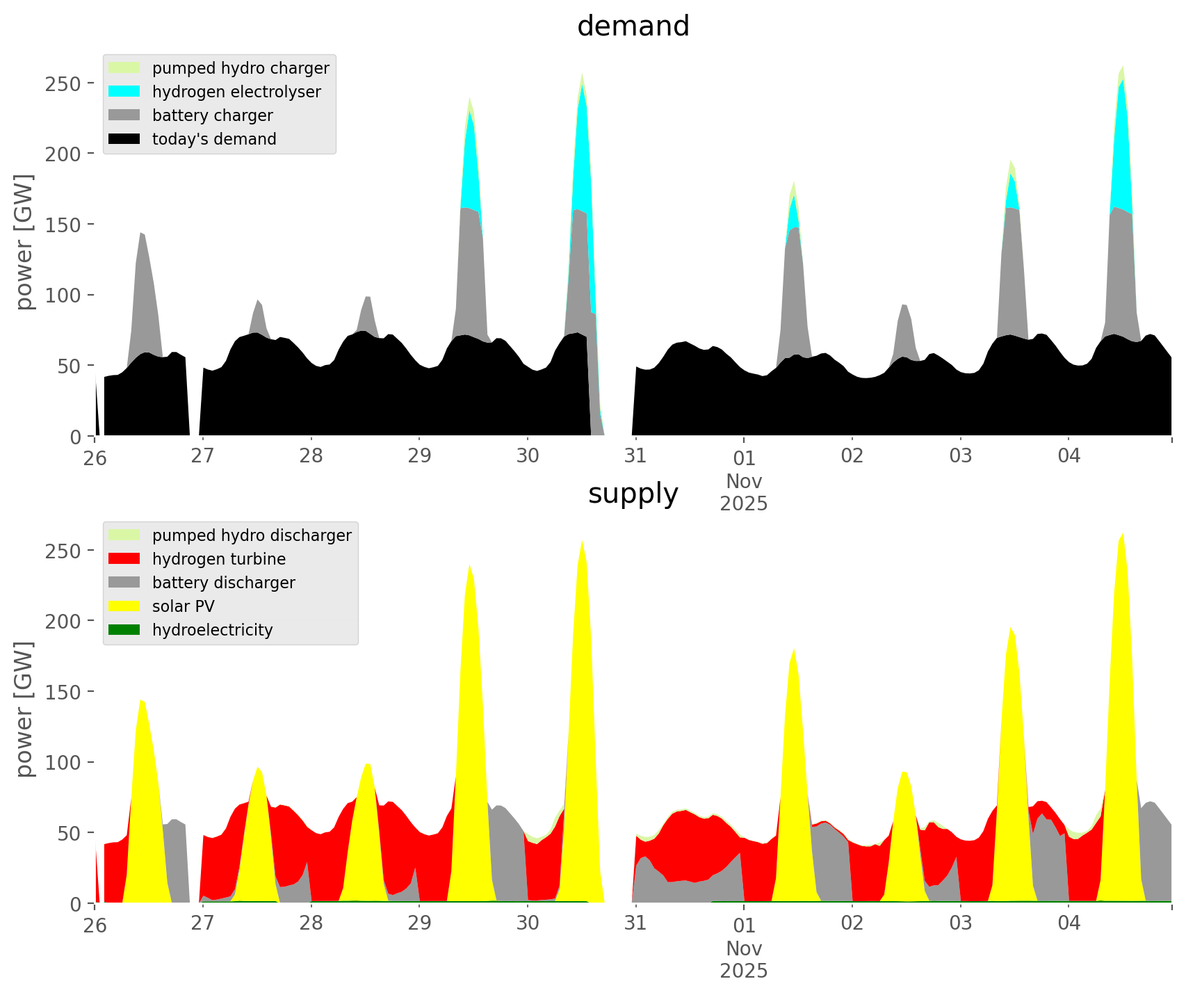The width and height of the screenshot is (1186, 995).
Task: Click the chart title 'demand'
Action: [x=633, y=26]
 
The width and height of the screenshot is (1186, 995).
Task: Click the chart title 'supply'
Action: [x=633, y=494]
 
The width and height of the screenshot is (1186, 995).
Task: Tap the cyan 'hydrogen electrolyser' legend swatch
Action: [x=124, y=92]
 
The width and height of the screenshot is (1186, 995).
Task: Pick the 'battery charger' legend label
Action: [x=212, y=115]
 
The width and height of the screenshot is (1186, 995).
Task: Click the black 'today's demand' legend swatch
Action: [x=124, y=139]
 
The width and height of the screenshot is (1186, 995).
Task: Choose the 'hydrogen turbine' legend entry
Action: [x=218, y=559]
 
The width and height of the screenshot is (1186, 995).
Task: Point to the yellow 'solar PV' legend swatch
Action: [x=124, y=606]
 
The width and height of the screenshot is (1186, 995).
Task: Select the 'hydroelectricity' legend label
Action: [x=212, y=630]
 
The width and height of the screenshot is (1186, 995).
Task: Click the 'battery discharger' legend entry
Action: [x=223, y=583]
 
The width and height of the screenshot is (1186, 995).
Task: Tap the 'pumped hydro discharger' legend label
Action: [x=252, y=535]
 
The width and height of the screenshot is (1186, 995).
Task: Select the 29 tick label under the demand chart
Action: [x=419, y=456]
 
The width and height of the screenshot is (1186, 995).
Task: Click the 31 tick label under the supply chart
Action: [x=635, y=923]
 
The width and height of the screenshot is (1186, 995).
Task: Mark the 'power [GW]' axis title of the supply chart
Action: [x=24, y=709]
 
